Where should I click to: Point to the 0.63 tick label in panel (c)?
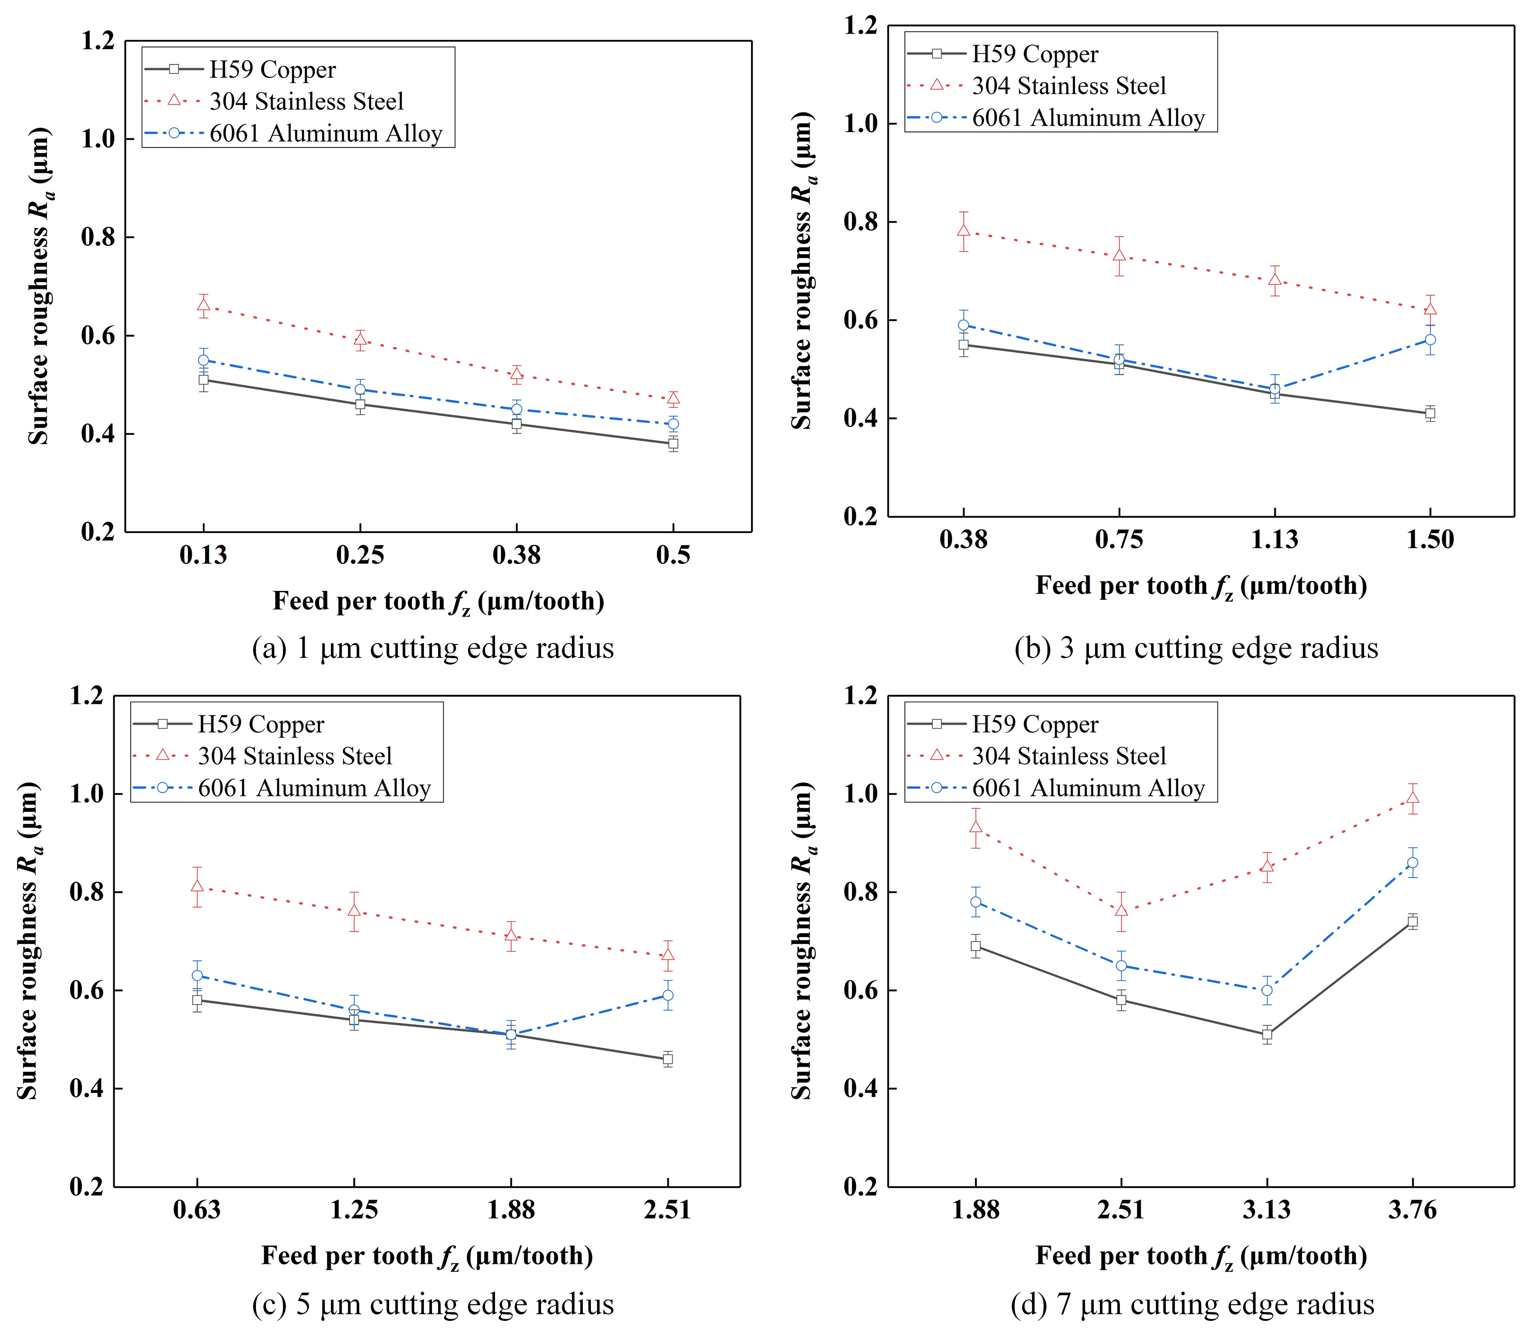coord(197,1210)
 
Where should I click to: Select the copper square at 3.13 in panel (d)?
coord(1267,1034)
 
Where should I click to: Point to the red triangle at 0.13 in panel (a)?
coord(203,305)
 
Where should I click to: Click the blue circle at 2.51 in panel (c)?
coord(667,995)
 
